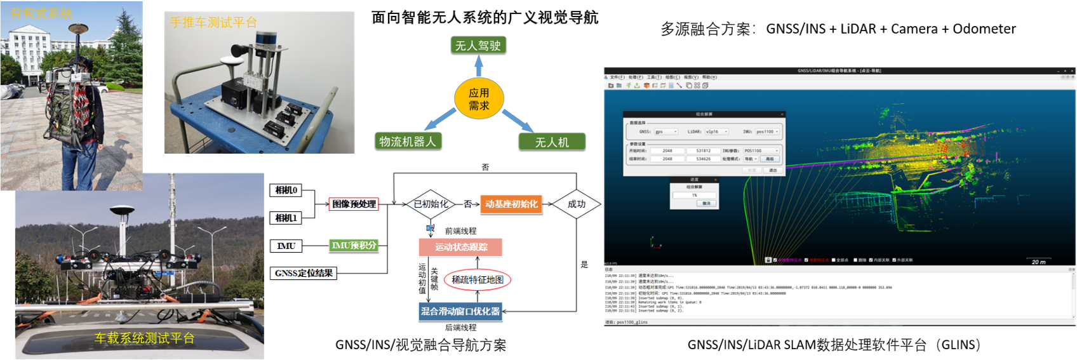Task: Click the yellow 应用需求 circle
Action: tap(479, 99)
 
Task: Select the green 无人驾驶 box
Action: tap(478, 46)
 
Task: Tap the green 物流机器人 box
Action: tap(408, 142)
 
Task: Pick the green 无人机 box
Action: tap(551, 142)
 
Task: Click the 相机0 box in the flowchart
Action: tap(286, 190)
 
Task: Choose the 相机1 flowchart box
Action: tap(286, 218)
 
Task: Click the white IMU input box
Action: tap(286, 246)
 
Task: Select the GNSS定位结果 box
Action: tap(304, 273)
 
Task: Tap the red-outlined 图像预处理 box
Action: tap(354, 204)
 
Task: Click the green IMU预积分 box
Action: tap(354, 245)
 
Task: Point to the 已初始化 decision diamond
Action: tap(431, 204)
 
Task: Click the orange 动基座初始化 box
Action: tap(511, 204)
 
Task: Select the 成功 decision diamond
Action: tap(576, 204)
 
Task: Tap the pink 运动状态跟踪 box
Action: tap(460, 247)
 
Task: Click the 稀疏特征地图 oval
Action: tap(478, 279)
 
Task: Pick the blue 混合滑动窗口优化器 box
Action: tap(460, 311)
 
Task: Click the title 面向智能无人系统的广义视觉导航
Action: tap(485, 17)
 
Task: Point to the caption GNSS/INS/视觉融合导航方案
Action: tap(420, 345)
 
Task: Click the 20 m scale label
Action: tap(1038, 262)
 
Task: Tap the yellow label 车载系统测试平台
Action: tap(144, 338)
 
